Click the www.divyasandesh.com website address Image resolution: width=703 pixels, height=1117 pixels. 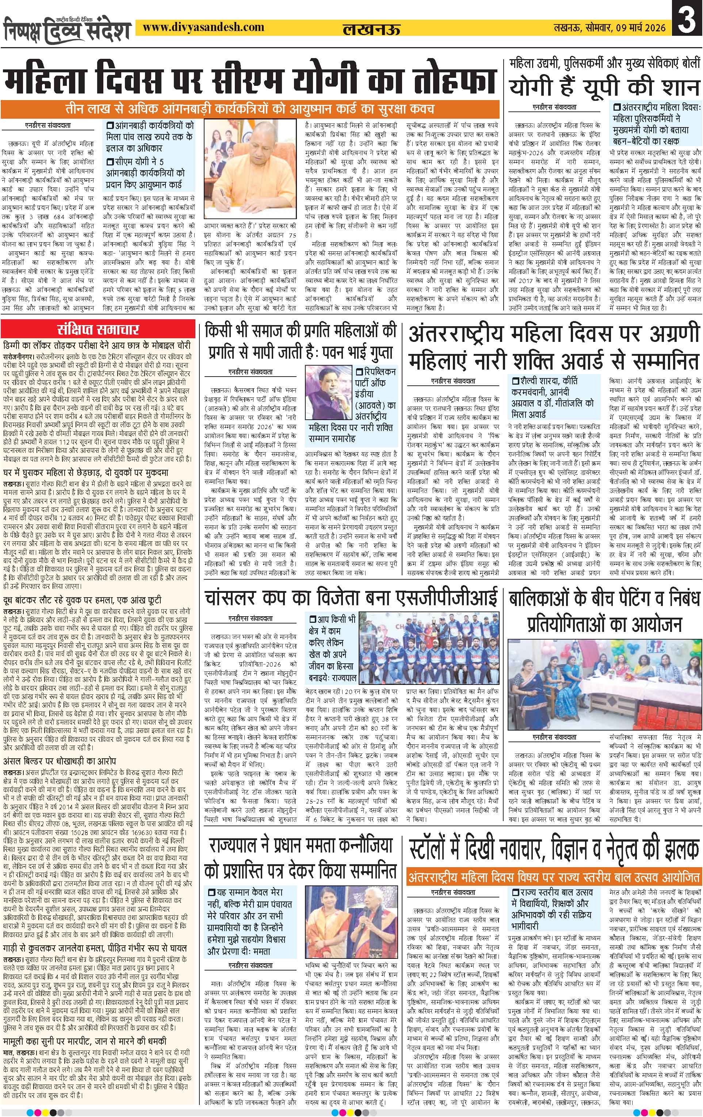pyautogui.click(x=203, y=28)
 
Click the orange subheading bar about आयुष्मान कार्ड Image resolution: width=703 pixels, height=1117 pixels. pyautogui.click(x=251, y=110)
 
